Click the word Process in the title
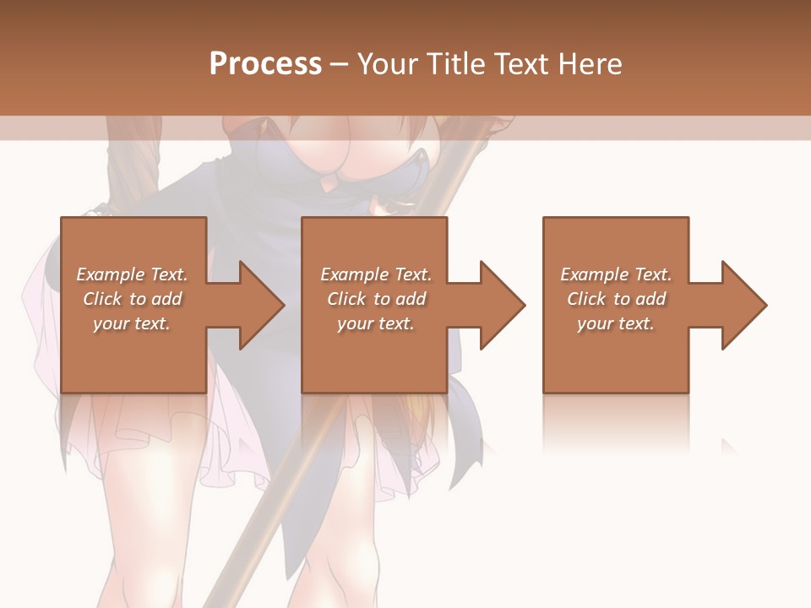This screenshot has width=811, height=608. click(x=265, y=64)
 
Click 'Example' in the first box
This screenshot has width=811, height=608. click(x=110, y=274)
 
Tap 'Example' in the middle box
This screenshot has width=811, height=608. click(x=354, y=274)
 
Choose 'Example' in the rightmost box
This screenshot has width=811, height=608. click(x=594, y=274)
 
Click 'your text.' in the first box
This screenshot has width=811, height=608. click(x=132, y=323)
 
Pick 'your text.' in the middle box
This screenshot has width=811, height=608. click(x=376, y=323)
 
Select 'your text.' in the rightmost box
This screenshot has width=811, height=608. click(x=616, y=323)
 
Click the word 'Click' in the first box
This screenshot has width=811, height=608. click(x=102, y=299)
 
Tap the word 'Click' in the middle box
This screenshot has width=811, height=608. click(x=346, y=299)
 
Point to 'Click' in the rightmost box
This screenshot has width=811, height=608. click(x=586, y=299)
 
